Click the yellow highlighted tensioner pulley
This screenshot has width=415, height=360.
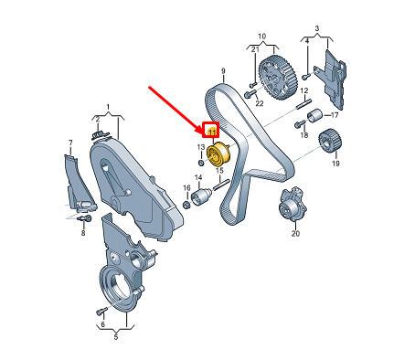click(x=218, y=154)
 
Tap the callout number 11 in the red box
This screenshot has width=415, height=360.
click(x=212, y=132)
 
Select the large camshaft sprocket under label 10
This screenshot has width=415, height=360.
click(x=278, y=78)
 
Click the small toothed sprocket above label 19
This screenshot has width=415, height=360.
click(x=330, y=142)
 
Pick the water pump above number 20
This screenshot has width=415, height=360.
click(x=292, y=205)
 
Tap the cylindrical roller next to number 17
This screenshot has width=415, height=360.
click(x=314, y=116)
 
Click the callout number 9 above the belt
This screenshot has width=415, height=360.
click(x=223, y=71)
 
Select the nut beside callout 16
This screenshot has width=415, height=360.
click(x=186, y=205)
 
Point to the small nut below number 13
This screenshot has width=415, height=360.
click(x=201, y=163)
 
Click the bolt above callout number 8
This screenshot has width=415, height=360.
click(x=85, y=218)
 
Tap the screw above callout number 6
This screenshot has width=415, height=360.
click(x=101, y=312)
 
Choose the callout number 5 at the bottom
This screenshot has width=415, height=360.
click(x=116, y=337)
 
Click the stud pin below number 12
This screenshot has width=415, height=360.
click(x=304, y=103)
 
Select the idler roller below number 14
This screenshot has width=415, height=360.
click(x=200, y=196)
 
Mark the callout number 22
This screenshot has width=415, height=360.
click(x=260, y=103)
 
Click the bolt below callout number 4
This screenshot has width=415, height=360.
click(x=306, y=77)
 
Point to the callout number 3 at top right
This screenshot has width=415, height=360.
click(x=317, y=29)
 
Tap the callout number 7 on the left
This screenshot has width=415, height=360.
click(x=70, y=143)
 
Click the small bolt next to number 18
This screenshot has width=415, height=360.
click(x=300, y=123)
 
